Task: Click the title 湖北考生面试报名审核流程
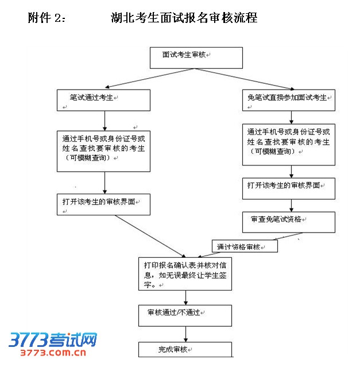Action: (x=184, y=18)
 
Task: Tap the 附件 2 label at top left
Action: (x=47, y=18)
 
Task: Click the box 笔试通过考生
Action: (x=103, y=100)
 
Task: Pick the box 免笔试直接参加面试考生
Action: (x=288, y=99)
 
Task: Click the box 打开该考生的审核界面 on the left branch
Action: (x=103, y=204)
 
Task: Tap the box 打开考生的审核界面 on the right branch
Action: (x=288, y=188)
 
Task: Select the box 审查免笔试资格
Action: (x=288, y=222)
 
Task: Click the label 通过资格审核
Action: (x=245, y=247)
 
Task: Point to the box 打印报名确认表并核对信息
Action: (x=184, y=273)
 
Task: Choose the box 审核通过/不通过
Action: (x=184, y=315)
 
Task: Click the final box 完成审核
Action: (x=184, y=349)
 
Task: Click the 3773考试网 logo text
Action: (x=52, y=340)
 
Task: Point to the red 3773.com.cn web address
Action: (x=52, y=353)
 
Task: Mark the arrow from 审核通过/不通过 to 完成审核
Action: (x=185, y=334)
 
